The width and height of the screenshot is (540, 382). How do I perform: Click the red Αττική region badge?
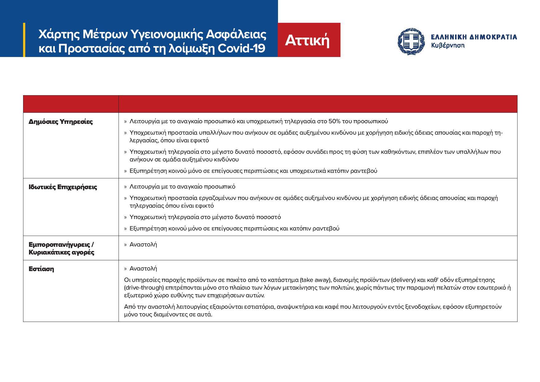pyautogui.click(x=309, y=40)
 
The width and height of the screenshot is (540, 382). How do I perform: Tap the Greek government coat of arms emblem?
pyautogui.click(x=411, y=41)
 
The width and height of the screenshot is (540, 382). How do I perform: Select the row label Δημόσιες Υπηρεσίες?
pyautogui.click(x=61, y=122)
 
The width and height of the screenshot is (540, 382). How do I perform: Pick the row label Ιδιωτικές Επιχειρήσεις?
pyautogui.click(x=63, y=187)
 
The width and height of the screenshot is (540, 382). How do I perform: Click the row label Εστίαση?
pyautogui.click(x=41, y=269)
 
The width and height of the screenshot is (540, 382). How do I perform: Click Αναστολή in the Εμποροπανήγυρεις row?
pyautogui.click(x=143, y=245)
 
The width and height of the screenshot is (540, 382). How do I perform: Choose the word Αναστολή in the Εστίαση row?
pyautogui.click(x=143, y=269)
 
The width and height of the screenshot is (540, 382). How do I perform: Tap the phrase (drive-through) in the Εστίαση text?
pyautogui.click(x=144, y=288)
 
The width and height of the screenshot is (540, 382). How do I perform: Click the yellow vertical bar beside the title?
pyautogui.click(x=24, y=40)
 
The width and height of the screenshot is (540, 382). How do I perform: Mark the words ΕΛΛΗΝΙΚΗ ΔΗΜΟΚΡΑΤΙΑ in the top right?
pyautogui.click(x=474, y=37)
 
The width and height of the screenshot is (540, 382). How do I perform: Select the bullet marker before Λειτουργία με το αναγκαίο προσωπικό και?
pyautogui.click(x=125, y=122)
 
